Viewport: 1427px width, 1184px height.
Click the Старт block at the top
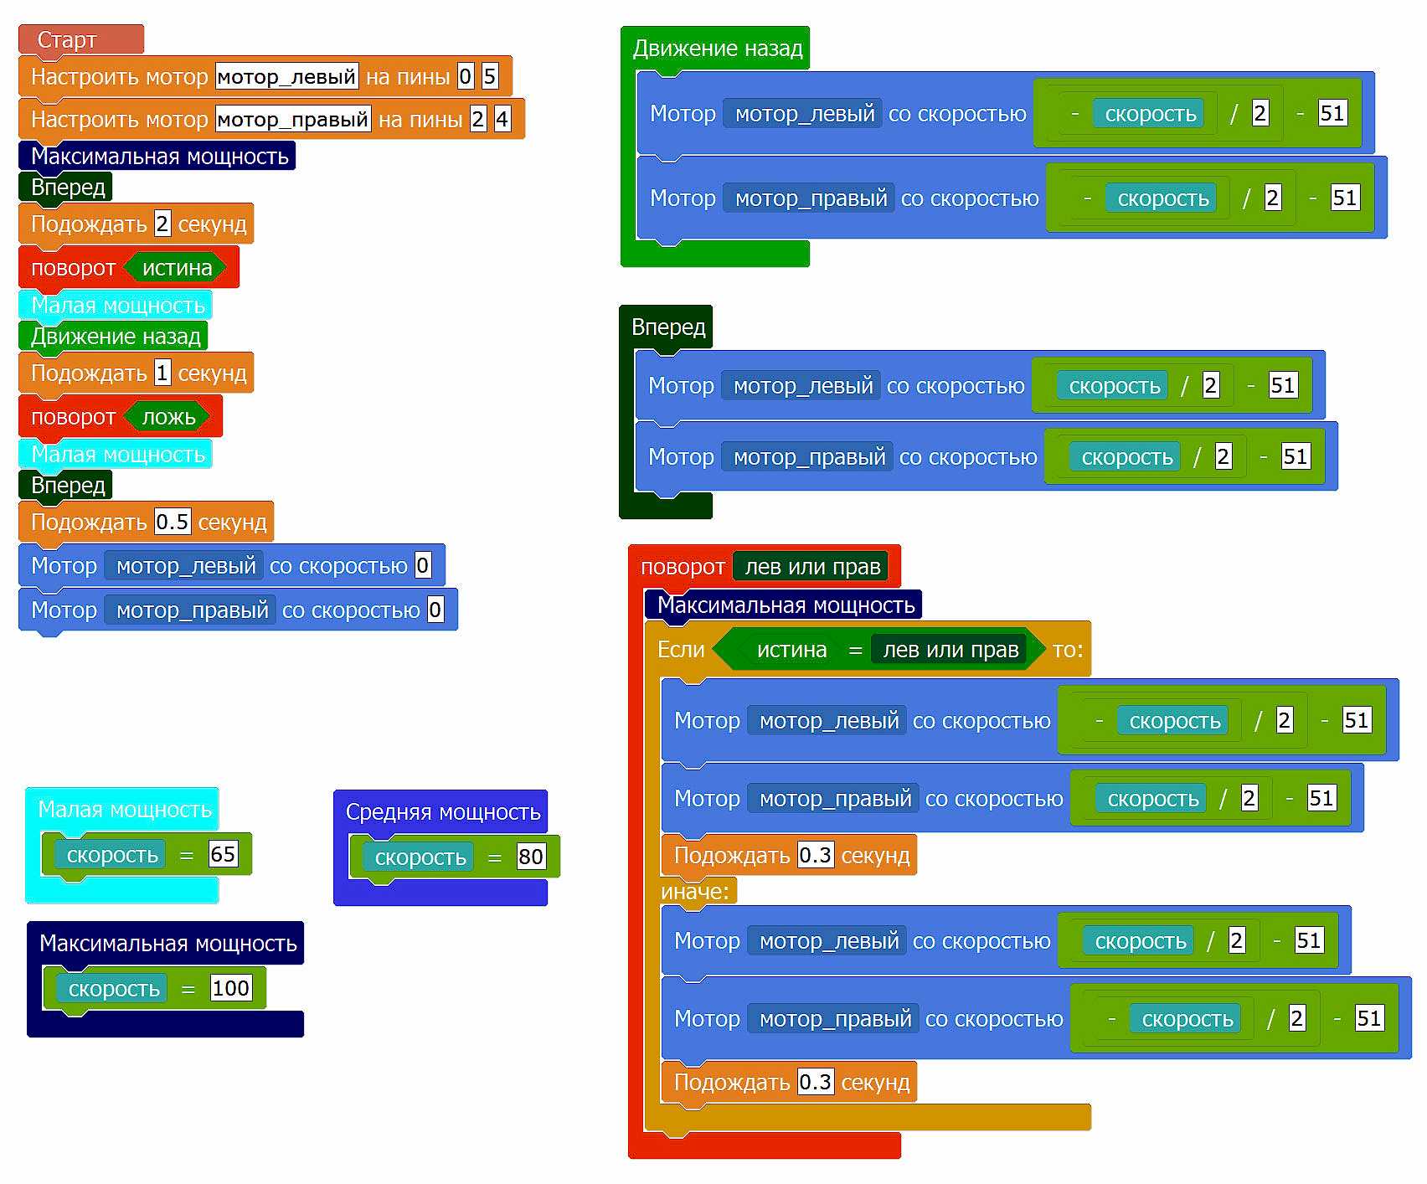point(67,39)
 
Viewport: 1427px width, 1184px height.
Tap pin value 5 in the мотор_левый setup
point(490,77)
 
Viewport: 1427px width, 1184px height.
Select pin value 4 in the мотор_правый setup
point(502,119)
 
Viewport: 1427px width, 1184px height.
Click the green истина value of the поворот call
point(177,268)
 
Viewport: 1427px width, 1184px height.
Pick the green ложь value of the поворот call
point(168,417)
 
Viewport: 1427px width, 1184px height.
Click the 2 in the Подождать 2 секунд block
point(162,224)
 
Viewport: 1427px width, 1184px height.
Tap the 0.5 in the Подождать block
point(173,523)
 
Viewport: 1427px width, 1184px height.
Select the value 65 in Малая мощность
point(223,854)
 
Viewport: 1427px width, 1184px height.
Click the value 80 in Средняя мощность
point(531,857)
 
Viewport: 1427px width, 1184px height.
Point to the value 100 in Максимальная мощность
point(230,988)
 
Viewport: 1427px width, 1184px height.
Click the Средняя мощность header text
point(443,811)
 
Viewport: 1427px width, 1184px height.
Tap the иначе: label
point(695,892)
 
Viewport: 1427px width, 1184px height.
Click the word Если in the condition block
point(681,650)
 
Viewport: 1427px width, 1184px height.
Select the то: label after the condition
point(1068,650)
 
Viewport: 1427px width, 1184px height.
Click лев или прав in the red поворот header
point(812,567)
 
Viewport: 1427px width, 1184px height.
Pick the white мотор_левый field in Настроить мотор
point(286,77)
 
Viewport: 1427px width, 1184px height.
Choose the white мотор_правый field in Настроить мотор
point(293,119)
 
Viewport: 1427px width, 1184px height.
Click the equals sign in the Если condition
point(855,650)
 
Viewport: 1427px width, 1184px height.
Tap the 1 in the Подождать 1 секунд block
point(162,373)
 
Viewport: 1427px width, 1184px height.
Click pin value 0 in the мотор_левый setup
point(466,77)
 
